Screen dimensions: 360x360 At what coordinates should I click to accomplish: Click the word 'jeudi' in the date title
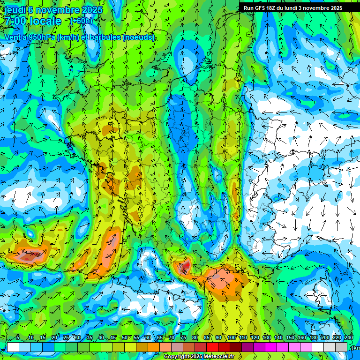[x=14, y=10]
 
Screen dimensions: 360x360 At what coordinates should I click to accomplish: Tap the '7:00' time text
[x=15, y=21]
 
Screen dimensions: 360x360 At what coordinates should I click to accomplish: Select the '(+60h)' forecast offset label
[x=81, y=21]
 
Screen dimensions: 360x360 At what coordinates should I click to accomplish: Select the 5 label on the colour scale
[x=18, y=337]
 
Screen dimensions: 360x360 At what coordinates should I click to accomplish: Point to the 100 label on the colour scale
[x=232, y=337]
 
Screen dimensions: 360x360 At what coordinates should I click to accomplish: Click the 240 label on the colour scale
[x=348, y=337]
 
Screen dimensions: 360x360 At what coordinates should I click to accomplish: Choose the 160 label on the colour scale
[x=302, y=337]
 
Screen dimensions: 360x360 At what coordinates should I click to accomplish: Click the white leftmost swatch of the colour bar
[x=13, y=347]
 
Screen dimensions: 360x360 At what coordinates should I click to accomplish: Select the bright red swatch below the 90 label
[x=212, y=347]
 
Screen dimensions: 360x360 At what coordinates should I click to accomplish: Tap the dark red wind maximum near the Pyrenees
[x=185, y=266]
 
